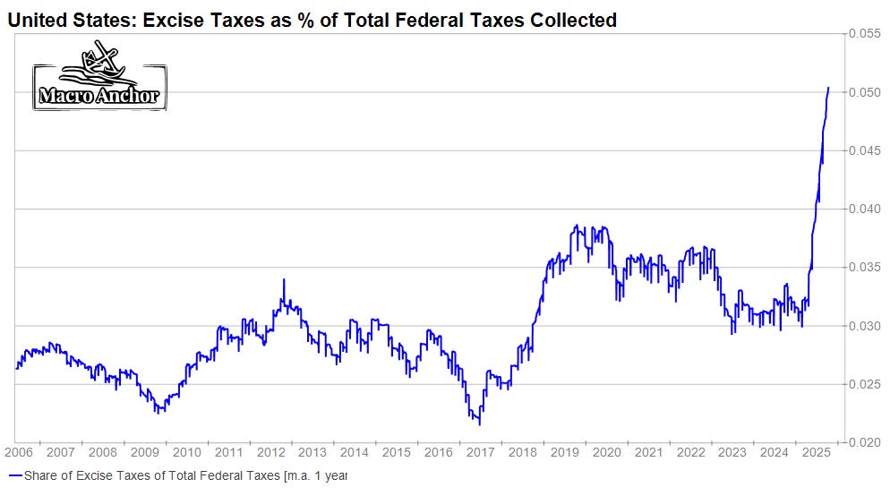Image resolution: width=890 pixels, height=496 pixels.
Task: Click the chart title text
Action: (312, 19)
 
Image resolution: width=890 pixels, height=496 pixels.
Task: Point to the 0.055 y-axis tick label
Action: (864, 33)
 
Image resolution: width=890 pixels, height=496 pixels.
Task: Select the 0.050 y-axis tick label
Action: (864, 92)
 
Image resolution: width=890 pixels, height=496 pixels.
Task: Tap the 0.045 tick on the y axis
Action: (864, 150)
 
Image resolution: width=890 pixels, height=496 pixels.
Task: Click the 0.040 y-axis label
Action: (864, 209)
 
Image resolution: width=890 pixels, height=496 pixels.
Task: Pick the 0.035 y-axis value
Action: (864, 267)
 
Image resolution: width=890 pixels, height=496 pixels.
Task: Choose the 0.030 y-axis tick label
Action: (864, 326)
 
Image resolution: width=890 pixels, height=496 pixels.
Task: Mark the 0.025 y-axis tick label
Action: (864, 384)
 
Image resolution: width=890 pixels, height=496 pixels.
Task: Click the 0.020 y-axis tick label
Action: (864, 442)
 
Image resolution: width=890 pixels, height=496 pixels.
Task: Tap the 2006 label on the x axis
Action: (18, 453)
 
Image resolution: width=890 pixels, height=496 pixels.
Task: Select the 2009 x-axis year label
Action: (144, 453)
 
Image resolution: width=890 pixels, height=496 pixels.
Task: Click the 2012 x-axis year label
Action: (270, 453)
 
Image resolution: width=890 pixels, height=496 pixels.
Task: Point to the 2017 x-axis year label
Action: (480, 453)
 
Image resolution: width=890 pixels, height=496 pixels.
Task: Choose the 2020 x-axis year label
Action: (606, 453)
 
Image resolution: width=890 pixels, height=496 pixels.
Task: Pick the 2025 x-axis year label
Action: (816, 453)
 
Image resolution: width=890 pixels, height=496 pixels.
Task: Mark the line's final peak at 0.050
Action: (828, 88)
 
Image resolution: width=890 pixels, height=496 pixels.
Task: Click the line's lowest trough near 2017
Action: (479, 423)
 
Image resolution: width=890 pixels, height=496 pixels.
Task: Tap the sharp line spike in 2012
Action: (284, 279)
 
